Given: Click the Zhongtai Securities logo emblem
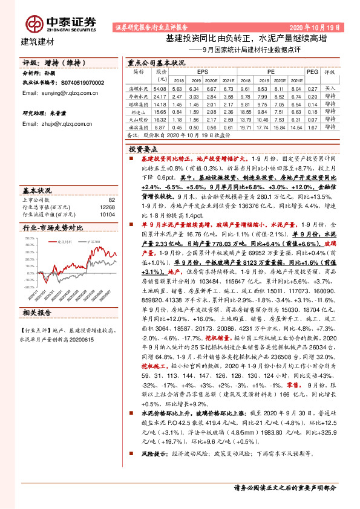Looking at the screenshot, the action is tap(34, 23).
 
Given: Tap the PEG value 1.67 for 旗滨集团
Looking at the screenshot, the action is tap(312, 128).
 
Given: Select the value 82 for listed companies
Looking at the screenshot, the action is tap(111, 199).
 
